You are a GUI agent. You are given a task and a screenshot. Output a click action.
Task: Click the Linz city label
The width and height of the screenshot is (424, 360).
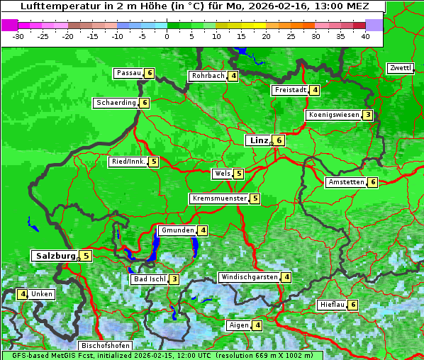click(258, 140)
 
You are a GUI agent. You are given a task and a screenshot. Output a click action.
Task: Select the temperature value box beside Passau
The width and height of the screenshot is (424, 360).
click(149, 73)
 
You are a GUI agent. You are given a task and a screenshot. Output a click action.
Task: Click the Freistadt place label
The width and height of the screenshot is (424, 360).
click(290, 90)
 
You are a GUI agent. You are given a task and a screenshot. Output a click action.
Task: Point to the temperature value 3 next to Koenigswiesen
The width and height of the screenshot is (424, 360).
click(367, 115)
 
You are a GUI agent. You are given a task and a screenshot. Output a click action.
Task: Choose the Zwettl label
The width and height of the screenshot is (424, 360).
click(400, 68)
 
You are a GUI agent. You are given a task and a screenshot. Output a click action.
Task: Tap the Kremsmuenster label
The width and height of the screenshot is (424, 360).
click(219, 198)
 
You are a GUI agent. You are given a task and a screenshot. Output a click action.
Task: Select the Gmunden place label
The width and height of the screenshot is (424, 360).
click(177, 230)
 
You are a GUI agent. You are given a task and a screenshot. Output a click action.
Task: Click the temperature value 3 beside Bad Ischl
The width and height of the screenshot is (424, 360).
click(174, 279)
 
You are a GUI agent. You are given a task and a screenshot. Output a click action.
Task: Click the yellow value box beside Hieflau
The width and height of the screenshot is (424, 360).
click(353, 305)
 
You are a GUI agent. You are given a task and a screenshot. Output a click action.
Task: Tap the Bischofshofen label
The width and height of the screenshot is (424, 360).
click(105, 346)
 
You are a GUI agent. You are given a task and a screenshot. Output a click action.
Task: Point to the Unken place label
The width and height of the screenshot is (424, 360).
click(42, 294)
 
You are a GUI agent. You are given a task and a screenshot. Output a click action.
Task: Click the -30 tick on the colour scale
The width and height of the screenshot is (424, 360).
click(18, 36)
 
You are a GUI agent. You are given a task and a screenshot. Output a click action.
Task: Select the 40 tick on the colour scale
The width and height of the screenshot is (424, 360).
click(364, 36)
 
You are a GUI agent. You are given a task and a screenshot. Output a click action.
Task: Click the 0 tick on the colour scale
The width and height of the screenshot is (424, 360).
click(167, 36)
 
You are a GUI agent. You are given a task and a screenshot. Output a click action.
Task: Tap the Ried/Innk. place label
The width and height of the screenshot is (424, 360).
click(128, 162)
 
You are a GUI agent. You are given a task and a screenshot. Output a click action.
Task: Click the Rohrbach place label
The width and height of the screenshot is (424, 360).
click(208, 76)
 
